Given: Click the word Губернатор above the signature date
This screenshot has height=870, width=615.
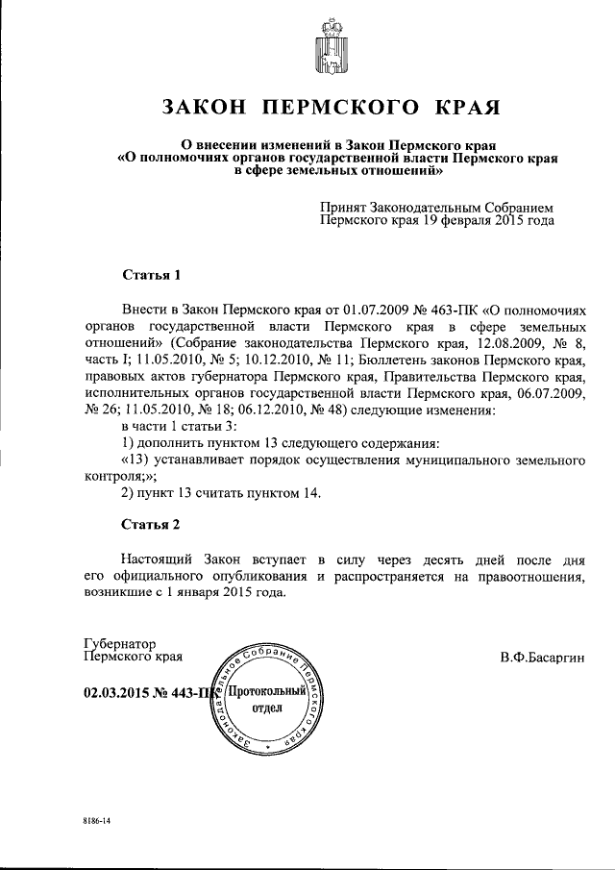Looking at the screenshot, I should tap(120, 643).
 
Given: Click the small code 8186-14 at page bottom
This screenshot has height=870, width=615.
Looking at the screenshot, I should tap(96, 825).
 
